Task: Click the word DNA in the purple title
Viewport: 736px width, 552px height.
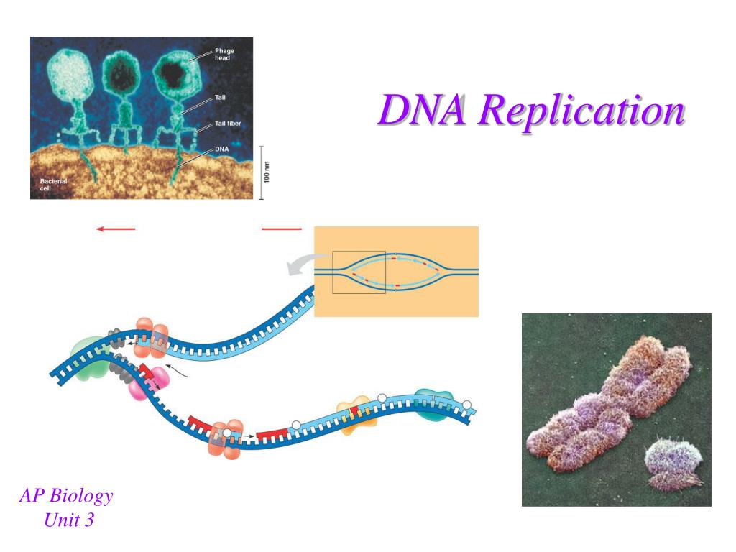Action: click(x=423, y=109)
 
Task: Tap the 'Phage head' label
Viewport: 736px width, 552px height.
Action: click(x=224, y=55)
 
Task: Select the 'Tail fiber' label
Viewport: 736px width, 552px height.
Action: click(x=228, y=124)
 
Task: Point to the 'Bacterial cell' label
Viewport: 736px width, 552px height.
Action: click(x=53, y=185)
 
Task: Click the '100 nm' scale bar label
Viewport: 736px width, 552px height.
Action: click(x=267, y=172)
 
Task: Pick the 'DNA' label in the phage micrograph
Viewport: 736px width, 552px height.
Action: click(x=221, y=149)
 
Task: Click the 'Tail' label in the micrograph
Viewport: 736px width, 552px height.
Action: click(x=220, y=98)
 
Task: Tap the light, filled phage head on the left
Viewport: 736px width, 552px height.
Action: click(x=70, y=75)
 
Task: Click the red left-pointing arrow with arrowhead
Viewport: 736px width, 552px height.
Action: click(x=116, y=229)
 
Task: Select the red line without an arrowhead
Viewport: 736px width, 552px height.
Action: click(x=282, y=229)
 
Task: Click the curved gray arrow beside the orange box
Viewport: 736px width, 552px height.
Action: click(x=304, y=264)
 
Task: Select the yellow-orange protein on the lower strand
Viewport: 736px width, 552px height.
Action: click(x=356, y=417)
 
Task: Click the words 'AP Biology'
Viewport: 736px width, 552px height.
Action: click(x=66, y=496)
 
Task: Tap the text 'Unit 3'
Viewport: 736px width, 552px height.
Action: click(x=69, y=520)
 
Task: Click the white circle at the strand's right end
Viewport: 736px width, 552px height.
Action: click(x=466, y=405)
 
